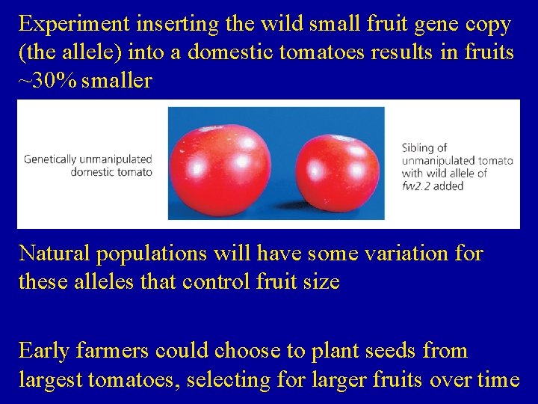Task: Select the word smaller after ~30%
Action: coord(117,81)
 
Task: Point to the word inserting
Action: coord(176,25)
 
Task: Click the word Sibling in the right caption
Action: coord(420,147)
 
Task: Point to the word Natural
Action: coord(57,254)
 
